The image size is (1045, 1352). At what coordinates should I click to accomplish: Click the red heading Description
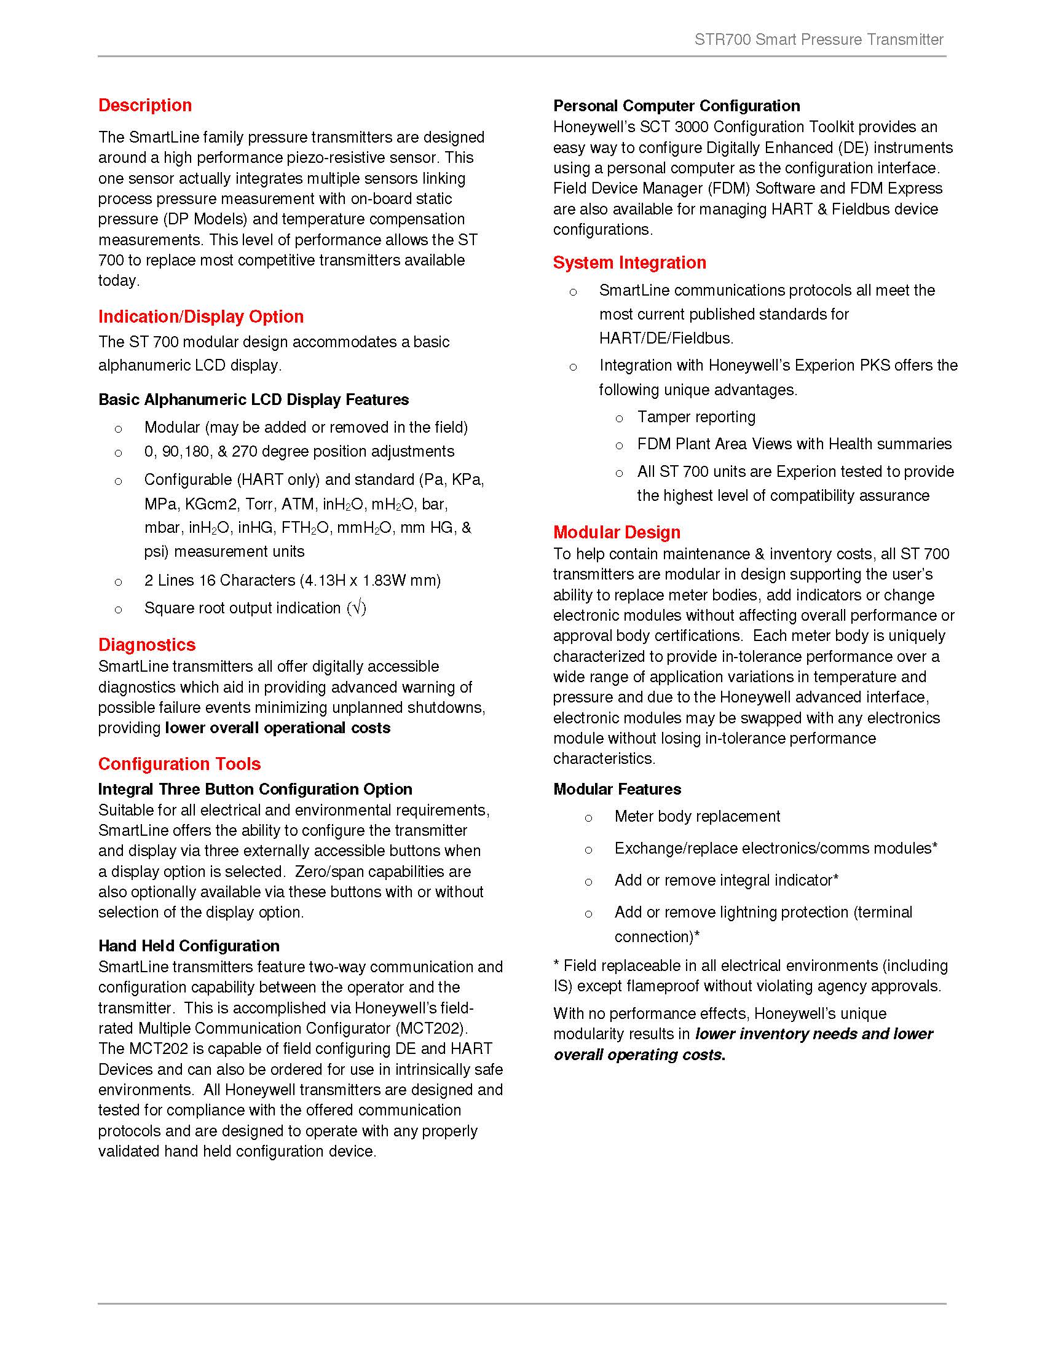[x=145, y=105]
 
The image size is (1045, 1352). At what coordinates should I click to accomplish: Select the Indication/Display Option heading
[x=200, y=316]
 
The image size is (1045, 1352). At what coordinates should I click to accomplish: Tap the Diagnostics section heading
[x=147, y=645]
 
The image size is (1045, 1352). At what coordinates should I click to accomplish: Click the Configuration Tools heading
[x=179, y=764]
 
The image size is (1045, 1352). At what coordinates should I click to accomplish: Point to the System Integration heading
[x=629, y=262]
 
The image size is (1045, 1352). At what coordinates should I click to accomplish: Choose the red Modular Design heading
[x=616, y=532]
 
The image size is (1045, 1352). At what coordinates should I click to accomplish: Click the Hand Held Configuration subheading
[x=189, y=946]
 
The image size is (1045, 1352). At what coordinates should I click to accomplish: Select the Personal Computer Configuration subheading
[x=676, y=106]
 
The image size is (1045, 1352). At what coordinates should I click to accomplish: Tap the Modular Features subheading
[x=617, y=789]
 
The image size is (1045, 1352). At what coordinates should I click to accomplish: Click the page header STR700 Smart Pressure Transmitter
[x=818, y=39]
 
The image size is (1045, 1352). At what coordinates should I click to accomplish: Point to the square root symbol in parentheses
[x=357, y=608]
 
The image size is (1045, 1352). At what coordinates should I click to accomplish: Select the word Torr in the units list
[x=259, y=504]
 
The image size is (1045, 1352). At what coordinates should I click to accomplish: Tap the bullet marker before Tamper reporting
[x=619, y=419]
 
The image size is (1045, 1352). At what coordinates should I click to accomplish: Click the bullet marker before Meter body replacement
[x=589, y=819]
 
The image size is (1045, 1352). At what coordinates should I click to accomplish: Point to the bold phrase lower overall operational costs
[x=277, y=728]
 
